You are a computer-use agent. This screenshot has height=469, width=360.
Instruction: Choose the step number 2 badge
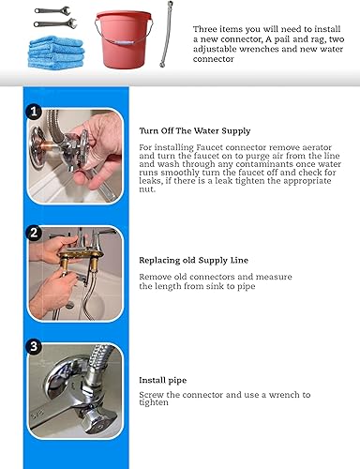pos(35,232)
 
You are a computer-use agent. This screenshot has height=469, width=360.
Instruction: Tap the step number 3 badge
pos(35,345)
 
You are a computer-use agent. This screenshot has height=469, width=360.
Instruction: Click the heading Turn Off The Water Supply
pos(195,129)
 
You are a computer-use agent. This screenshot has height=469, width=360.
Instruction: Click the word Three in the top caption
pos(207,29)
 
